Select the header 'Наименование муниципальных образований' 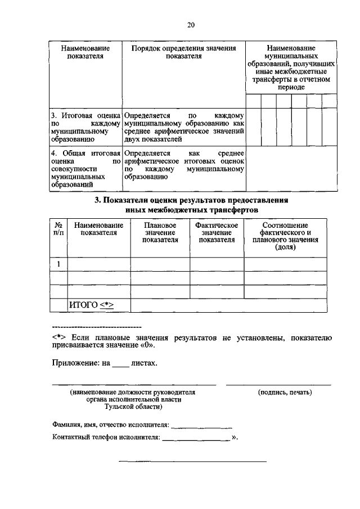tap(291, 68)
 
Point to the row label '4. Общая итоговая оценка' tap(85, 168)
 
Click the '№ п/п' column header tap(58, 229)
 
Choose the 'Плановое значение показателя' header tap(160, 232)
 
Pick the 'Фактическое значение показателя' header tap(217, 232)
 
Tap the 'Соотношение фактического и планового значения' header tap(285, 236)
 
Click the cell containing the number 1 tap(58, 264)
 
